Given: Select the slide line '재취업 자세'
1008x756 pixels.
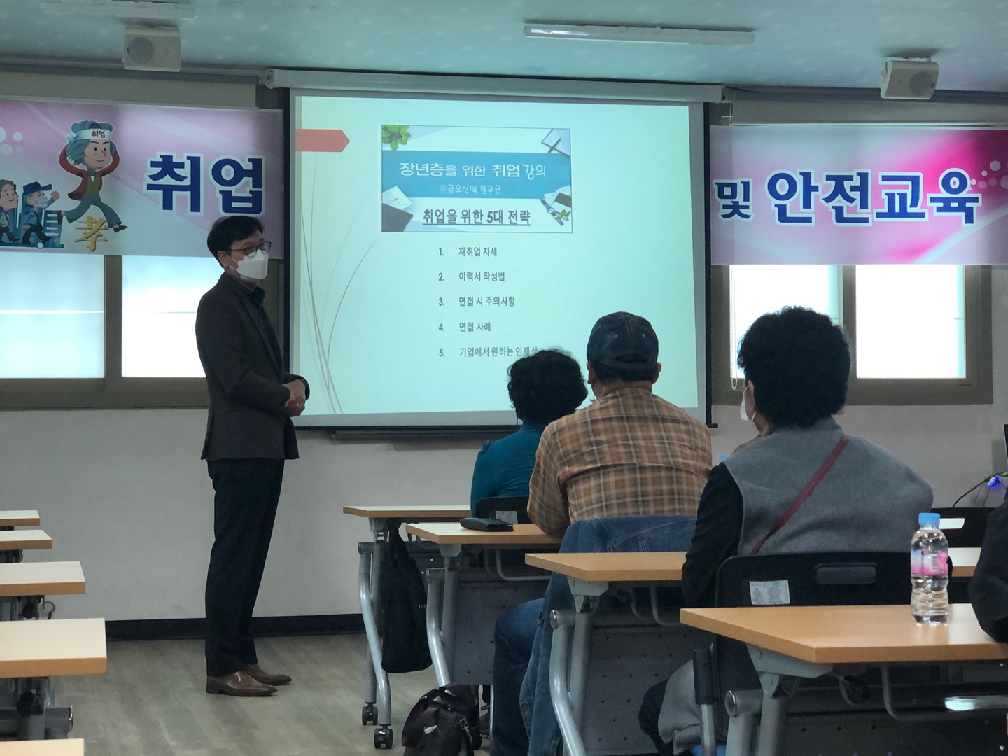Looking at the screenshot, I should click(477, 252).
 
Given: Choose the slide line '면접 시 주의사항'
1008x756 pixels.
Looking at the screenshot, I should click(487, 302).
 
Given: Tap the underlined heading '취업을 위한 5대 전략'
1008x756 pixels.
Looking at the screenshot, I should click(476, 218).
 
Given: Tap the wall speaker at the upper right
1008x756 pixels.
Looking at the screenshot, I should click(909, 78).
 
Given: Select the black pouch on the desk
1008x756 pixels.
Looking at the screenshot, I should click(486, 524).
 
